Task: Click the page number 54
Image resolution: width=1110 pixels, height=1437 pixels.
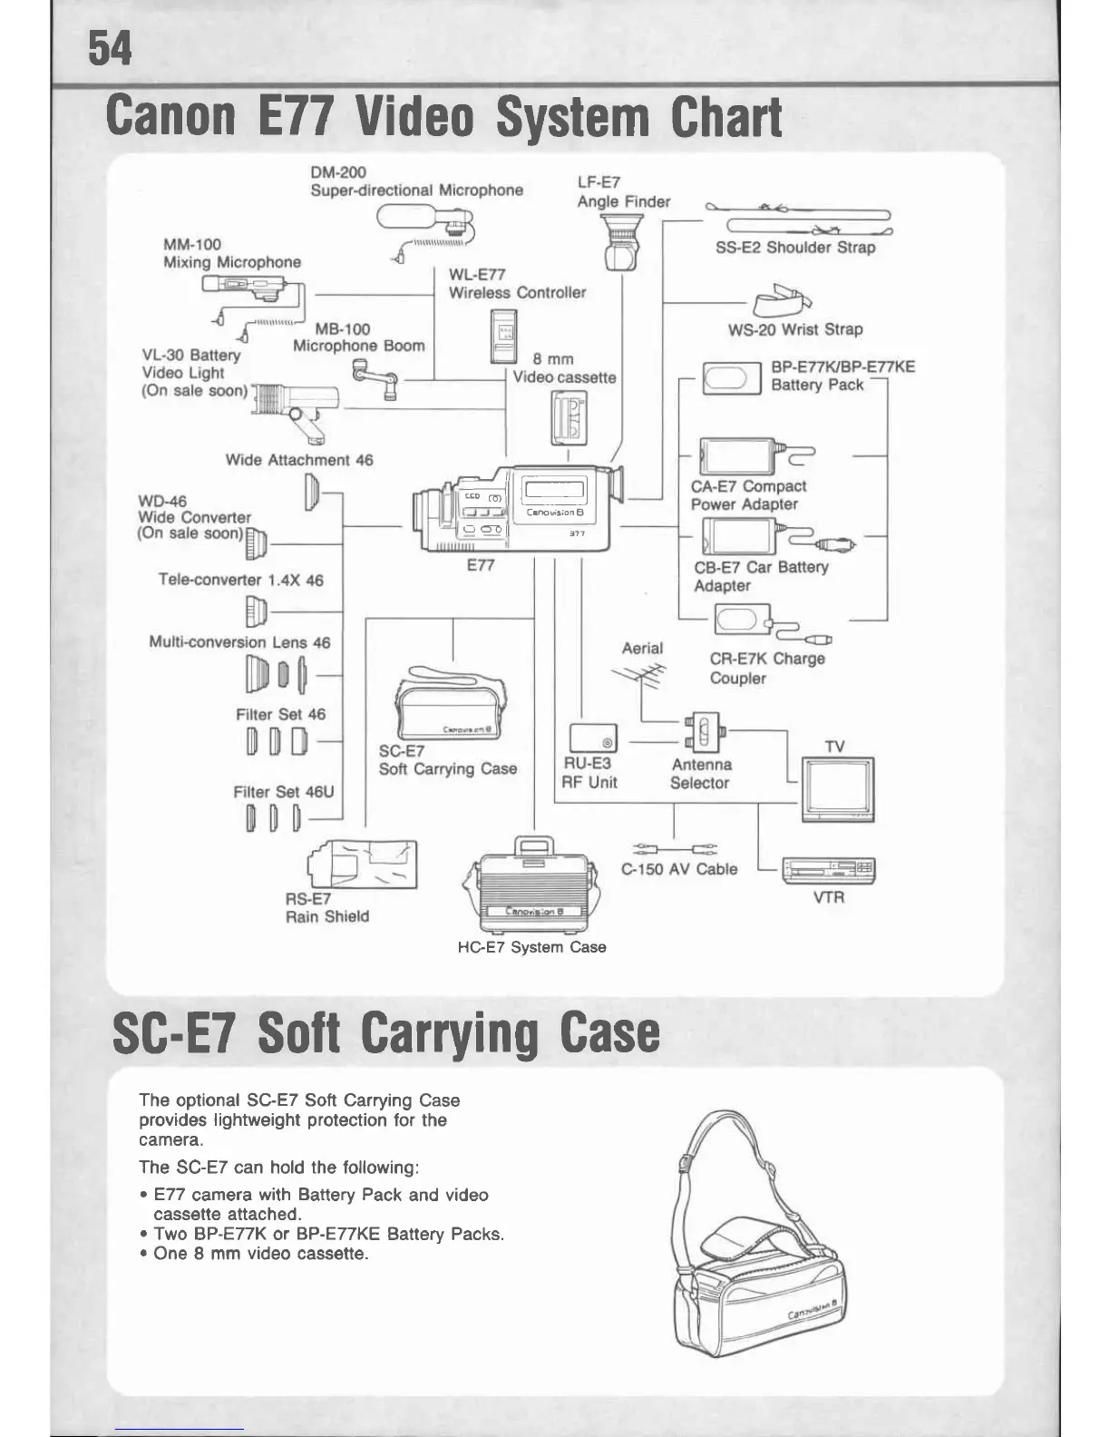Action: pyautogui.click(x=110, y=49)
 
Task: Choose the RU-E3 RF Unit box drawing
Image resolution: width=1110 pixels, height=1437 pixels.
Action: pyautogui.click(x=593, y=738)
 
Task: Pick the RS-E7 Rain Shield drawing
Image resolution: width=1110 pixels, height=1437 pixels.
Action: pyautogui.click(x=363, y=864)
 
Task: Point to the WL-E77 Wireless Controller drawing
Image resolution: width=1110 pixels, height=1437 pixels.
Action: pyautogui.click(x=503, y=335)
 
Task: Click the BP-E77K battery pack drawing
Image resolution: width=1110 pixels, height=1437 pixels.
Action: pyautogui.click(x=732, y=378)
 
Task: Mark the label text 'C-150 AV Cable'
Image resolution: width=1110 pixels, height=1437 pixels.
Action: pyautogui.click(x=679, y=869)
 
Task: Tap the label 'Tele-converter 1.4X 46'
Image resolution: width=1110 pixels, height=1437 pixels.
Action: pyautogui.click(x=240, y=580)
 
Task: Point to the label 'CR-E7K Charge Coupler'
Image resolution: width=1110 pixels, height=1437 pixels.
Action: pyautogui.click(x=767, y=669)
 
